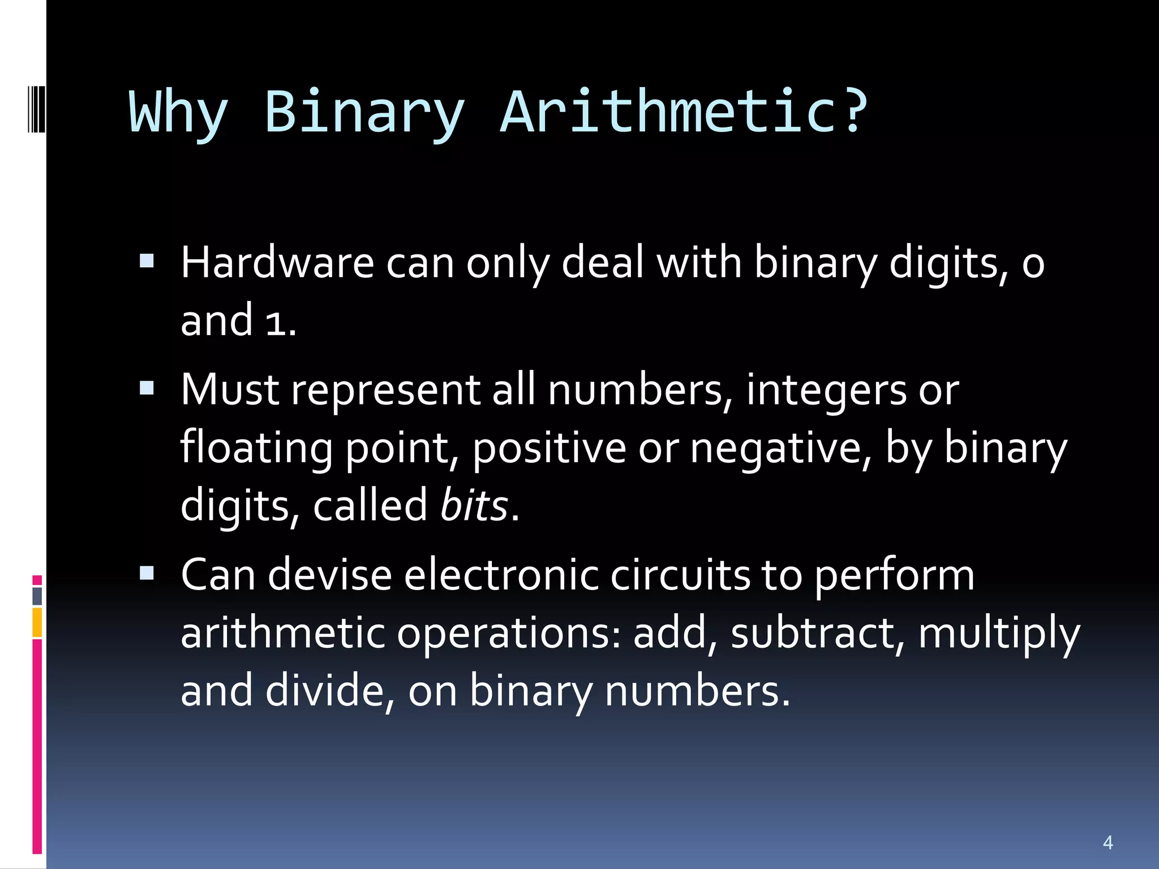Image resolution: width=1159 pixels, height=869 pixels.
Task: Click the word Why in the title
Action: pyautogui.click(x=179, y=113)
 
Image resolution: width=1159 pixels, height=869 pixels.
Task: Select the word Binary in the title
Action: pyautogui.click(x=364, y=113)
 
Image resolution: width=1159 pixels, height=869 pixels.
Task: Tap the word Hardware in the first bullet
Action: pyautogui.click(x=277, y=263)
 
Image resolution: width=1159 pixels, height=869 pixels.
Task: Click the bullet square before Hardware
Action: pyautogui.click(x=147, y=261)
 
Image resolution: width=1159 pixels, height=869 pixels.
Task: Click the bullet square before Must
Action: pyautogui.click(x=147, y=388)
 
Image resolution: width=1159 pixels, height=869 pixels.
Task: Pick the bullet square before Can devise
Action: pyautogui.click(x=147, y=573)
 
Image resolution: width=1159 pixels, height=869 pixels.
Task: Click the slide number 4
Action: pyautogui.click(x=1108, y=842)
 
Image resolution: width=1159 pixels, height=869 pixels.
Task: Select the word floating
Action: pyautogui.click(x=256, y=448)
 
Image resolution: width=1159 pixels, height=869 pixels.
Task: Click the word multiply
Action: pyautogui.click(x=999, y=634)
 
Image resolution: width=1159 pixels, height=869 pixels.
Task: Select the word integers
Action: pyautogui.click(x=826, y=390)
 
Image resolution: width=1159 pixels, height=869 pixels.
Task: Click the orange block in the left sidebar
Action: pyautogui.click(x=37, y=622)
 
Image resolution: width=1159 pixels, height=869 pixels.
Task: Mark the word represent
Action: pyautogui.click(x=385, y=390)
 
